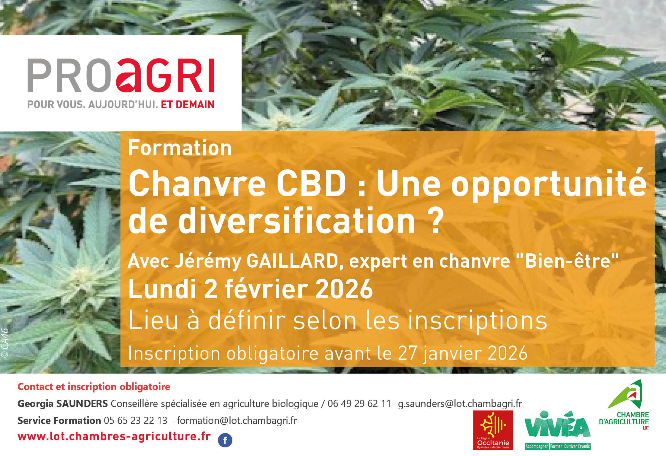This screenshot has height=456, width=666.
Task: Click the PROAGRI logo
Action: point(120,76)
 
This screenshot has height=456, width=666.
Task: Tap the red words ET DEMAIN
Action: point(188,105)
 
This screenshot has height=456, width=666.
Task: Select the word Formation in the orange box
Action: point(180,148)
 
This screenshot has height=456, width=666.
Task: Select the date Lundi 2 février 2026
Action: point(250,289)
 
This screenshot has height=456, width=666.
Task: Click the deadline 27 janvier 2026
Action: point(462,354)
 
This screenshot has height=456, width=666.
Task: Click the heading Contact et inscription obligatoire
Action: point(94,387)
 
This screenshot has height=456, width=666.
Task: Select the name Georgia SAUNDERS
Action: point(63,404)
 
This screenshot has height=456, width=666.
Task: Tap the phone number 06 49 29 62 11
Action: point(359,404)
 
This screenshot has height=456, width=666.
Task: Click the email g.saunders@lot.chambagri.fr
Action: point(460,404)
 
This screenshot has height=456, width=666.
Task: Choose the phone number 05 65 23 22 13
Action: point(136,421)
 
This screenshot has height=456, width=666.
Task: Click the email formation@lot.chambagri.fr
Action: point(237,421)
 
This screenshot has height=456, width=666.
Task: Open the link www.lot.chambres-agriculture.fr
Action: point(114,436)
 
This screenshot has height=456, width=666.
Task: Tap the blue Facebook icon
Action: point(225,440)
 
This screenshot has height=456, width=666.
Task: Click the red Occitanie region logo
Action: point(493,430)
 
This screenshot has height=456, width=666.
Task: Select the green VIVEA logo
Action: point(557,430)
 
